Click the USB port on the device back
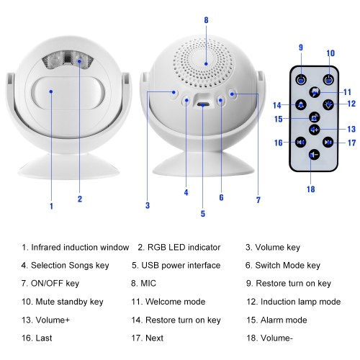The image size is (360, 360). click(203, 104)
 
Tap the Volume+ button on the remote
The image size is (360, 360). click(314, 130)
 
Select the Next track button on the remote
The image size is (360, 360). click(328, 143)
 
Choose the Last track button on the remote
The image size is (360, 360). click(300, 143)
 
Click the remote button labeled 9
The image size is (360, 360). click(301, 80)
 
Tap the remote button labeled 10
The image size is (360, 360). click(328, 80)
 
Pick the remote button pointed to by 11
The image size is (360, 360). click(315, 92)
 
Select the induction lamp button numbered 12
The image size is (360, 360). click(328, 104)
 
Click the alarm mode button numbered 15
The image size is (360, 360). click(314, 117)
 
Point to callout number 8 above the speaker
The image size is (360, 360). click(206, 20)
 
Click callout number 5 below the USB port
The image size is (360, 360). click(203, 214)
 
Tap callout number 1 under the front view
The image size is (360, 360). click(51, 206)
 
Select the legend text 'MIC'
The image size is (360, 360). click(148, 284)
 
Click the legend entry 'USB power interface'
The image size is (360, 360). click(181, 266)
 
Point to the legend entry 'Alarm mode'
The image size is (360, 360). click(284, 320)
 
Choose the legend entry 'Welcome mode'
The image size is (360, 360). click(175, 302)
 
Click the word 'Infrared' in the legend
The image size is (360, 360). click(46, 248)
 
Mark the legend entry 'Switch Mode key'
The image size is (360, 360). click(287, 266)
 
